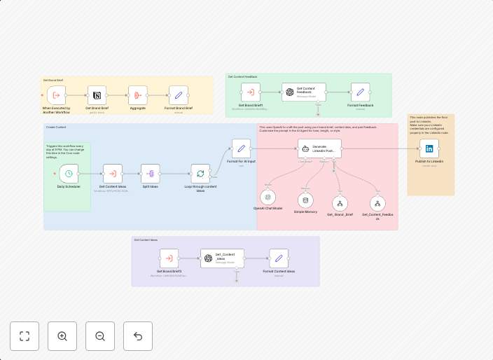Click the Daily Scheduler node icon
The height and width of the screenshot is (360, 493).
pyautogui.click(x=69, y=174)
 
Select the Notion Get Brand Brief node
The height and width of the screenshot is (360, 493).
pyautogui.click(x=97, y=95)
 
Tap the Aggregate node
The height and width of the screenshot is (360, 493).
pyautogui.click(x=137, y=95)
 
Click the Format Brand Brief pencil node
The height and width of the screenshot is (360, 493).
pyautogui.click(x=178, y=95)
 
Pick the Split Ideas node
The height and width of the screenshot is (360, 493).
pyautogui.click(x=150, y=174)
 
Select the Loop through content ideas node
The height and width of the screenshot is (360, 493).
pyautogui.click(x=200, y=174)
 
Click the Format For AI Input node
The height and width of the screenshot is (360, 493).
pyautogui.click(x=241, y=148)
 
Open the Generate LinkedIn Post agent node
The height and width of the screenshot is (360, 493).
pyautogui.click(x=319, y=148)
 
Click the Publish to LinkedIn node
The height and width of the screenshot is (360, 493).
pyautogui.click(x=429, y=148)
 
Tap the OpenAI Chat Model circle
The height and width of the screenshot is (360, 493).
pyautogui.click(x=268, y=198)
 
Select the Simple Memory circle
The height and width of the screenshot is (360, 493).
pyautogui.click(x=305, y=200)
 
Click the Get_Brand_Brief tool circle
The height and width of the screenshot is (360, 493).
pyautogui.click(x=340, y=204)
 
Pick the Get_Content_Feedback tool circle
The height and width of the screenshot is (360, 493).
pyautogui.click(x=377, y=204)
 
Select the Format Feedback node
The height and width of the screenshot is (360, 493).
pyautogui.click(x=360, y=92)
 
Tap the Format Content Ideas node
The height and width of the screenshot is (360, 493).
pyautogui.click(x=279, y=258)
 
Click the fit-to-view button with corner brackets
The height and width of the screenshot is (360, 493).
pyautogui.click(x=25, y=336)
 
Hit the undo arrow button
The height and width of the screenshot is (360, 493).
pyautogui.click(x=138, y=336)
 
